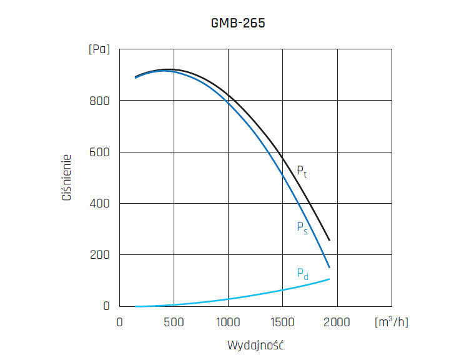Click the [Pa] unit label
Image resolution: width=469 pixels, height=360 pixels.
tap(99, 49)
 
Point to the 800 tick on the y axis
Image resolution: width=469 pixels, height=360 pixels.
tap(101, 101)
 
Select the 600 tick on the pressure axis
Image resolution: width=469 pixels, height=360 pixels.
tap(101, 152)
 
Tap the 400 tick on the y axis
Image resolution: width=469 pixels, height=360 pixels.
tap(101, 204)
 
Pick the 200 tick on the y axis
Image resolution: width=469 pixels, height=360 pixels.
tap(101, 255)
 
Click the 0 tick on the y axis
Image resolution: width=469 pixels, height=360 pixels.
tap(106, 306)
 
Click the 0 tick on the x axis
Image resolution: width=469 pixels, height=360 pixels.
tap(120, 321)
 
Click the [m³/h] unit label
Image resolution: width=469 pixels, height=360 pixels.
tap(392, 321)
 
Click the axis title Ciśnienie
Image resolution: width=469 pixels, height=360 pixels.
tap(66, 178)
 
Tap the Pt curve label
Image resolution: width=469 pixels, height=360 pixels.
tap(301, 171)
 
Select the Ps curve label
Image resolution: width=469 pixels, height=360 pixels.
tap(302, 227)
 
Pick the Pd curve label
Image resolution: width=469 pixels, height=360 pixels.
tap(302, 274)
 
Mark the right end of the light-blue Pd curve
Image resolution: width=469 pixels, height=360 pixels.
tap(329, 279)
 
